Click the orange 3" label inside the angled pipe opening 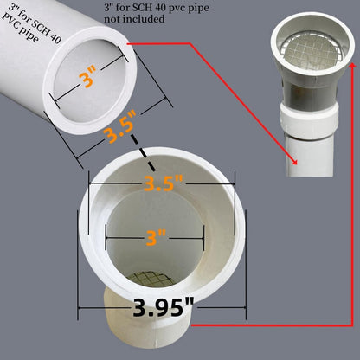pos(87,80)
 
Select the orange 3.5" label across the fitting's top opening pos(161,184)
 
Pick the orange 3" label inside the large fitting pos(154,235)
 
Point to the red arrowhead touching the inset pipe pos(295,161)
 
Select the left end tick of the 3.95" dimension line pos(80,307)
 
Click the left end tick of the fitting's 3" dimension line pos(105,235)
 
